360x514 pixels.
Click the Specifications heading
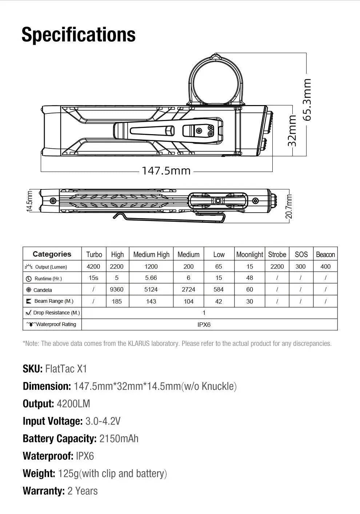click(79, 35)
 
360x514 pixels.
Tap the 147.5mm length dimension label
click(166, 170)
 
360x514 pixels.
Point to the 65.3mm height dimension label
click(307, 100)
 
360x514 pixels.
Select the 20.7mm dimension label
click(289, 206)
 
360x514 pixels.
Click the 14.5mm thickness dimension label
click(30, 201)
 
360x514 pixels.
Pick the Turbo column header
click(94, 254)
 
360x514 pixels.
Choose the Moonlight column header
click(249, 254)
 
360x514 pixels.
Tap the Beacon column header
click(325, 254)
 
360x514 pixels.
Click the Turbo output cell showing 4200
click(93, 266)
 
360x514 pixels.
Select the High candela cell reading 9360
click(117, 290)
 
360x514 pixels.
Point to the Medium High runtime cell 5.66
click(151, 278)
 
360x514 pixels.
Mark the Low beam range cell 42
click(219, 301)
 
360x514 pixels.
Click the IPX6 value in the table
click(204, 325)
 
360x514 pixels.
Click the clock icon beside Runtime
click(29, 279)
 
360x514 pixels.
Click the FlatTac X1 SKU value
click(66, 369)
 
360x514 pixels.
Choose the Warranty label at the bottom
click(44, 491)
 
